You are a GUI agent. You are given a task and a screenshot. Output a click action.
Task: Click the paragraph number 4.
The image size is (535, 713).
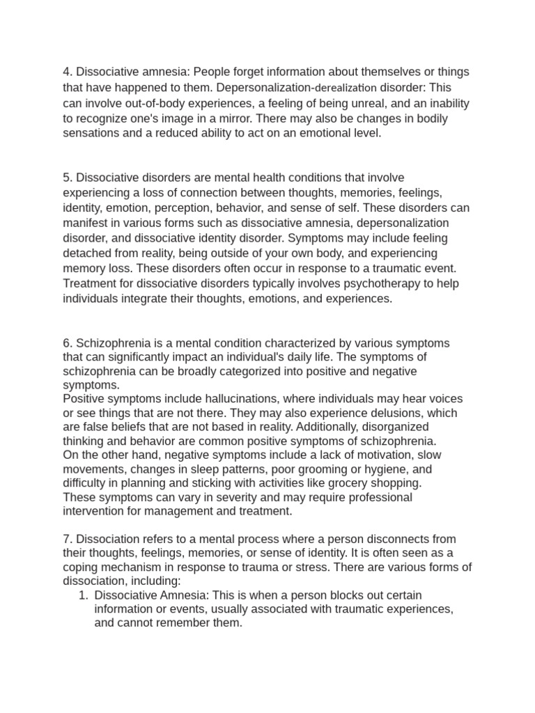67,72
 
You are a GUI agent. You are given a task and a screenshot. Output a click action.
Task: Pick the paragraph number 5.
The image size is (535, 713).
67,178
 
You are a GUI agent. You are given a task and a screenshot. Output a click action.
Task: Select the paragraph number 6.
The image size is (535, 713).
67,343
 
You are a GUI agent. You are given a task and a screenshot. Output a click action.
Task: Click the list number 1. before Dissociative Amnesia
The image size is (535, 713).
84,596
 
